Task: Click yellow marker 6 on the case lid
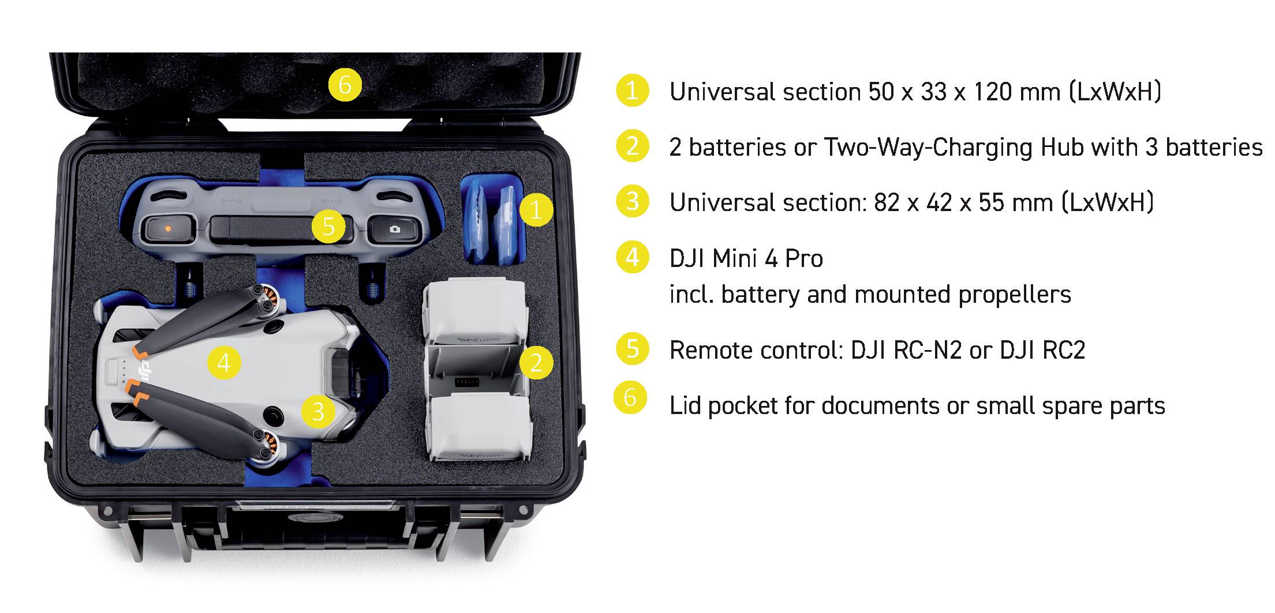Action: pos(345,85)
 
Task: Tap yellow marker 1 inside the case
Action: pos(536,209)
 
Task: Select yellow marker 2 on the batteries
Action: pos(536,363)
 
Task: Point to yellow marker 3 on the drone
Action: pos(318,411)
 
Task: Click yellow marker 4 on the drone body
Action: pos(224,363)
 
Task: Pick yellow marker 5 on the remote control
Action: pos(328,226)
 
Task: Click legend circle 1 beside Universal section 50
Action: pos(633,91)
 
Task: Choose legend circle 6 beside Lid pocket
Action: pos(630,397)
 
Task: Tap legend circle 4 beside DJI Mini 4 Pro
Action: pos(633,257)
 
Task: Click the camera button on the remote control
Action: pos(395,229)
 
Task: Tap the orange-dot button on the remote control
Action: pos(167,228)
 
